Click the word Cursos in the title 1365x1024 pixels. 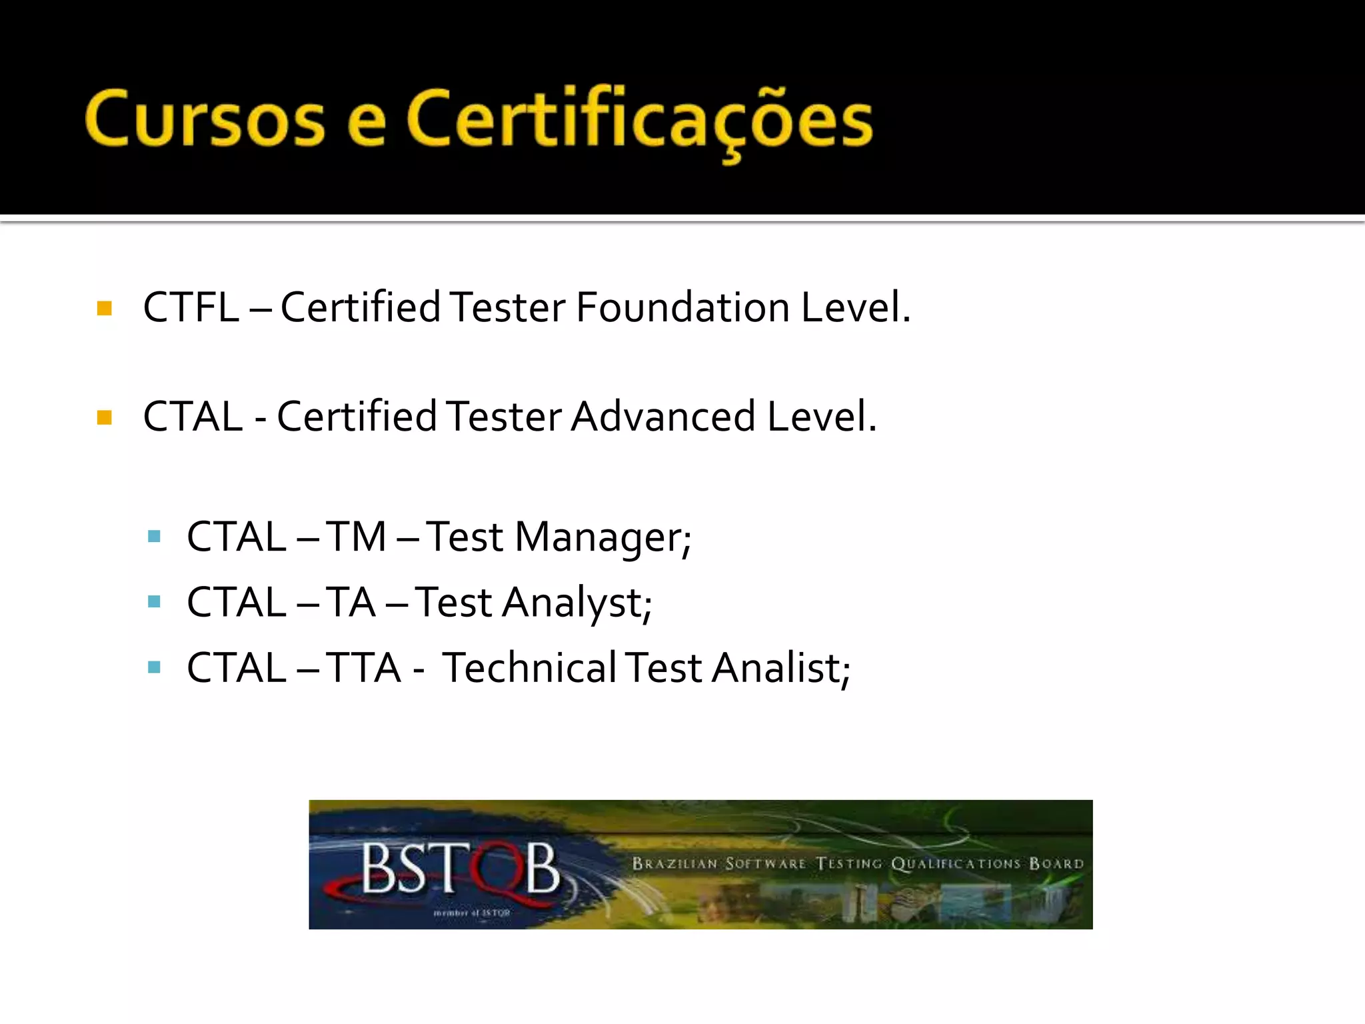[x=205, y=119]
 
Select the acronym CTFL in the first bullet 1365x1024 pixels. [x=191, y=307]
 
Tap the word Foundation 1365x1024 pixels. [x=682, y=307]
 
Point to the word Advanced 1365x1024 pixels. [x=663, y=417]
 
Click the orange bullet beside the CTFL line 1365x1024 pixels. [x=105, y=308]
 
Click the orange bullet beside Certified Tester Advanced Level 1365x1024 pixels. [x=105, y=418]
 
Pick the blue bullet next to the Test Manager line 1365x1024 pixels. [x=155, y=537]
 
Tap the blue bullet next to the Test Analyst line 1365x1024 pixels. [x=155, y=602]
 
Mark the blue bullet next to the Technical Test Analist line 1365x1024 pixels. [x=155, y=667]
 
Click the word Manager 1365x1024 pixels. [x=603, y=537]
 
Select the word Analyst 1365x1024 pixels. [x=577, y=603]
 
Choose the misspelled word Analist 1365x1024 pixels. [x=780, y=668]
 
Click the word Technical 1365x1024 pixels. [x=529, y=668]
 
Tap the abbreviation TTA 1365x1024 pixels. [x=363, y=668]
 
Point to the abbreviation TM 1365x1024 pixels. [x=357, y=537]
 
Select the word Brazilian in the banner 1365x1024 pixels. [x=675, y=864]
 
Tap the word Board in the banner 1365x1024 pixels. [x=1056, y=864]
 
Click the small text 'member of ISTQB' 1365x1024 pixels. [x=471, y=913]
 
